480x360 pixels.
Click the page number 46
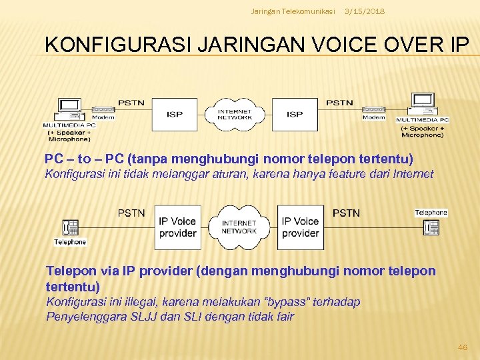pyautogui.click(x=462, y=347)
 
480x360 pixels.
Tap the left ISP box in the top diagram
pyautogui.click(x=175, y=114)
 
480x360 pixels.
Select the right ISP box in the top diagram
pyautogui.click(x=295, y=114)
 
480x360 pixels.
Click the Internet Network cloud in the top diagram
pyautogui.click(x=235, y=114)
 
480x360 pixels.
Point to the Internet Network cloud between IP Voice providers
pyautogui.click(x=239, y=227)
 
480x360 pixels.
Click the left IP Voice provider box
pyautogui.click(x=177, y=227)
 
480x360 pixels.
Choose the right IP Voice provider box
pyautogui.click(x=300, y=227)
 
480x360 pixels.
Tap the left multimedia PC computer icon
pyautogui.click(x=69, y=108)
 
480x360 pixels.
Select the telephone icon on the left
pyautogui.click(x=69, y=227)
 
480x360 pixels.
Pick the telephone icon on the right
pyautogui.click(x=431, y=227)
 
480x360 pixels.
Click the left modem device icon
pyautogui.click(x=103, y=109)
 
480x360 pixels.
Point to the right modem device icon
pyautogui.click(x=373, y=109)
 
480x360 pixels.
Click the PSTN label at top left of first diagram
pyautogui.click(x=131, y=102)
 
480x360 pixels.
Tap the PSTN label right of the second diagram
pyautogui.click(x=345, y=213)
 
